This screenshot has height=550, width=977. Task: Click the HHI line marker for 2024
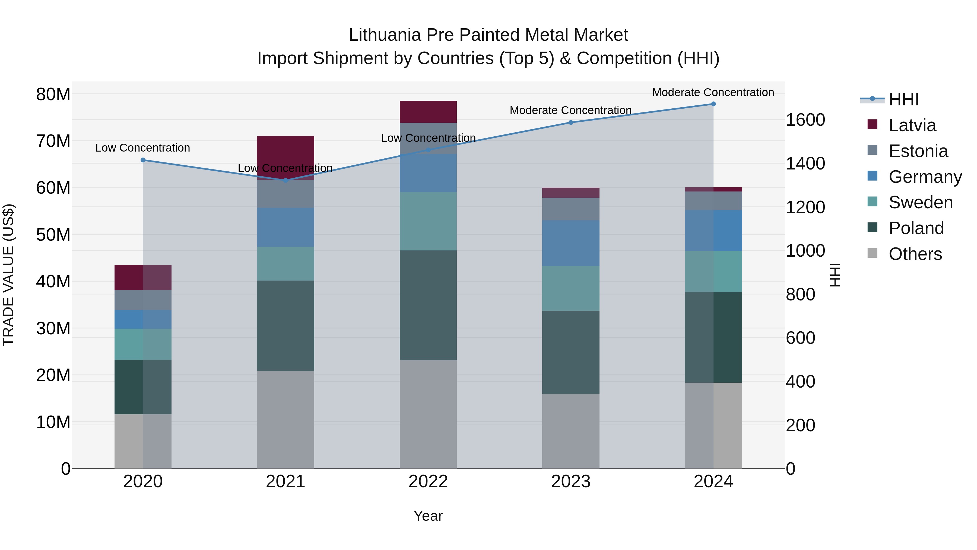coord(713,104)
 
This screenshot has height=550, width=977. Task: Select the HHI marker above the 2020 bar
coord(143,160)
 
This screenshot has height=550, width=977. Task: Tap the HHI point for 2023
coord(571,122)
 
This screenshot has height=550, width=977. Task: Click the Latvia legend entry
coord(912,125)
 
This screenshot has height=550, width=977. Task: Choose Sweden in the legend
coord(921,202)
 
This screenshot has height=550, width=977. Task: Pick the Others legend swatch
coord(872,253)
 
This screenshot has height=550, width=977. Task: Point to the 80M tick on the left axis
coord(53,94)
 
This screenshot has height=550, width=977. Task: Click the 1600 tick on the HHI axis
coord(805,120)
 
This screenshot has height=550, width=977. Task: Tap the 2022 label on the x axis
coord(428,482)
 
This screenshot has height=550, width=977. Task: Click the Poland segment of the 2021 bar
coord(286,326)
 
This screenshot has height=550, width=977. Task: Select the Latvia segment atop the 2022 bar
coord(428,112)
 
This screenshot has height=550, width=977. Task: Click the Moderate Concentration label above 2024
coord(713,92)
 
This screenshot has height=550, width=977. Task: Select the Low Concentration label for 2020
coord(142,148)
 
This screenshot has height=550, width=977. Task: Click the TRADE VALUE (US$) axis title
coord(8,275)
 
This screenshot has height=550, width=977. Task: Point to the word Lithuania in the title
coord(385,35)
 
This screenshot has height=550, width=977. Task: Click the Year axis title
coord(428,516)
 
